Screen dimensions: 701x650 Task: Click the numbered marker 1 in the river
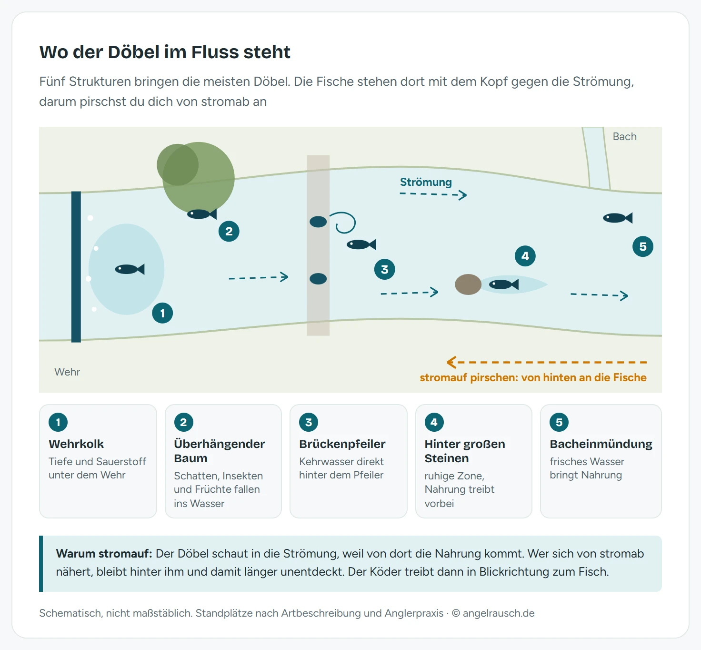pos(162,313)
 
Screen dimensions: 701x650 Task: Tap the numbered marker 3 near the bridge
pos(384,270)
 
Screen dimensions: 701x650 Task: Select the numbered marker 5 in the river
pos(643,246)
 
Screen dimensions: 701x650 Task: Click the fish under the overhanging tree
pos(201,214)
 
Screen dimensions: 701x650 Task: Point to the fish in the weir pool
pos(130,269)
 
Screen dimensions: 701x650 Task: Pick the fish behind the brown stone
pos(504,284)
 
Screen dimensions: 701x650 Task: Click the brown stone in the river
pos(468,284)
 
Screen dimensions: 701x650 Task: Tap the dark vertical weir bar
pos(76,267)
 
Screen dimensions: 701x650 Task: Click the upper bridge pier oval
pos(318,222)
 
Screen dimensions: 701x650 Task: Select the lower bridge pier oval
pos(318,279)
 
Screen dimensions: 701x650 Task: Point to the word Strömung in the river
pos(426,182)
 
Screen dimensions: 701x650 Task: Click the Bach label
pos(624,136)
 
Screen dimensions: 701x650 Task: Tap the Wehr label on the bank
pos(67,372)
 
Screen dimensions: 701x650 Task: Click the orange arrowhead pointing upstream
pos(451,362)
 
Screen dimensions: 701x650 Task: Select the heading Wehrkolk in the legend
pos(76,444)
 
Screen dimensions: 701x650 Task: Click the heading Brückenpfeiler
pos(342,444)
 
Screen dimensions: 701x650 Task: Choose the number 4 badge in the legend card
pos(434,422)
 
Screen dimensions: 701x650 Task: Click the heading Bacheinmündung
pos(601,444)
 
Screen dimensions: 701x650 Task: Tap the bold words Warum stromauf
pos(104,553)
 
